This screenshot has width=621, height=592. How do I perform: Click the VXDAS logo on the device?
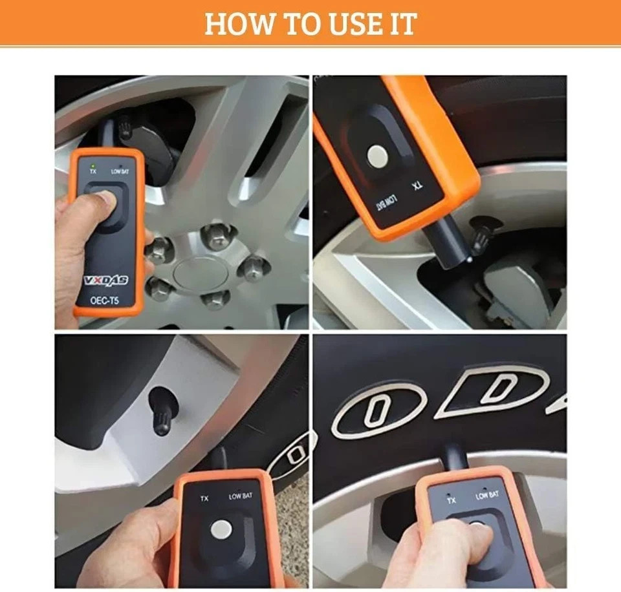click(106, 280)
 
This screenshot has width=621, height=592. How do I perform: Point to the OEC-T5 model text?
click(106, 299)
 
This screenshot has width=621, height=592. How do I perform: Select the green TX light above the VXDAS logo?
click(94, 165)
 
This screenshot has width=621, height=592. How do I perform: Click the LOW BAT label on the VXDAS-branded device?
click(121, 172)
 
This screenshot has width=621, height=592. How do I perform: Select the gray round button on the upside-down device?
click(376, 156)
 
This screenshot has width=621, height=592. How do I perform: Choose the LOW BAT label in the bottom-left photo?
click(241, 496)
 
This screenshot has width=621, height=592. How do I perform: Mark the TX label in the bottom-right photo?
click(451, 500)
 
